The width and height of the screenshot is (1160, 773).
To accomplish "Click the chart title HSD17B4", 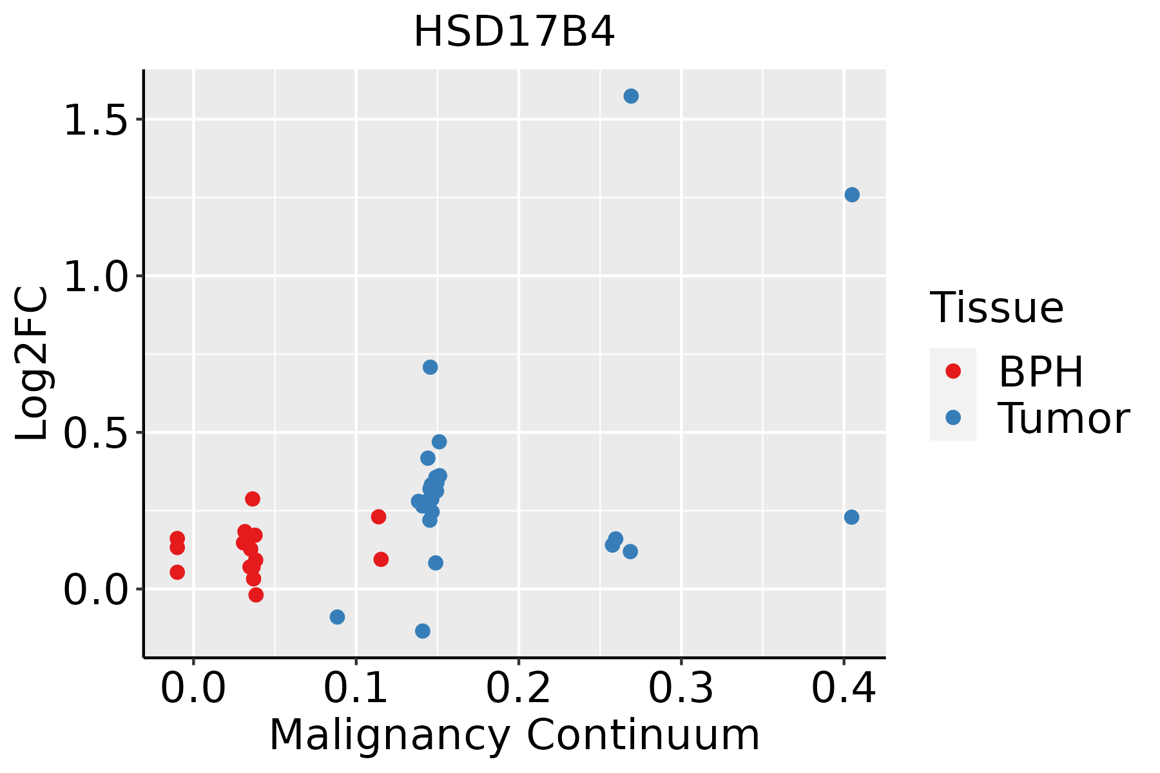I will pos(514,32).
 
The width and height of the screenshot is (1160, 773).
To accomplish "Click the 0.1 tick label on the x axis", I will pos(356,688).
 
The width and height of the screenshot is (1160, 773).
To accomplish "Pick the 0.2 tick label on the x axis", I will pos(518,688).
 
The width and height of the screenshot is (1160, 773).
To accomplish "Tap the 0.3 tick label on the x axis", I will pos(681,688).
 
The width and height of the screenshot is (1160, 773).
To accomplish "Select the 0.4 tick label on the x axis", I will pos(843,688).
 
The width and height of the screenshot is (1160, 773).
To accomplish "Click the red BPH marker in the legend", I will pos(952,371).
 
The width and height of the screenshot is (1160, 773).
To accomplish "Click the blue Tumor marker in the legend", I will pos(952,417).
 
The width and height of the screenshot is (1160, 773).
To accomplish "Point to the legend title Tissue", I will pos(996,308).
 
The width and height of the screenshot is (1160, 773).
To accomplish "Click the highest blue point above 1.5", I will pos(631,96).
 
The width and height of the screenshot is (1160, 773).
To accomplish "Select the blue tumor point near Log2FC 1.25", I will pos(852,195).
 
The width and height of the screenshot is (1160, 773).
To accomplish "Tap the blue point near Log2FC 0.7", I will pos(430,367).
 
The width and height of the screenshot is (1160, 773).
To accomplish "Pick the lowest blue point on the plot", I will pos(423,631).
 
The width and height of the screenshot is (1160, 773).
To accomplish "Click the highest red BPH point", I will pos(253,499).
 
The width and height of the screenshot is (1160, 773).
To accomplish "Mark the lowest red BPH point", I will pos(256,595).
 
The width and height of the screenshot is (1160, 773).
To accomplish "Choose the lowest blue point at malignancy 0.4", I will pos(851,517).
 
